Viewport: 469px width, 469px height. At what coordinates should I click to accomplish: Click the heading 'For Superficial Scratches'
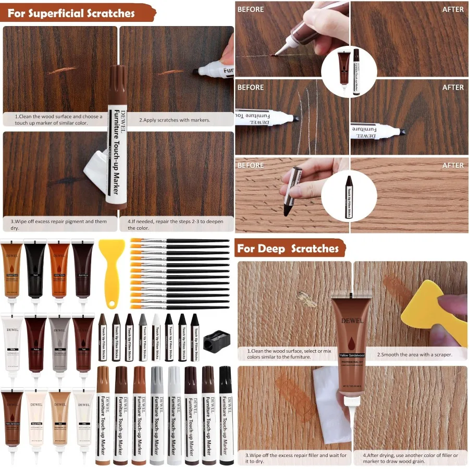point(71,13)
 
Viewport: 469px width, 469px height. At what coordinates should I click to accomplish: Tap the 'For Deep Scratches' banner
point(288,249)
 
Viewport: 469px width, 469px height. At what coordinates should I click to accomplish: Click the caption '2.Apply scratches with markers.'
point(175,120)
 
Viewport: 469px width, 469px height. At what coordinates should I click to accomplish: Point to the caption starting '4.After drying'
point(412,458)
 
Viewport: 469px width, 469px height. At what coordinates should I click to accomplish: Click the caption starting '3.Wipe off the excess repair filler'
point(295,458)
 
